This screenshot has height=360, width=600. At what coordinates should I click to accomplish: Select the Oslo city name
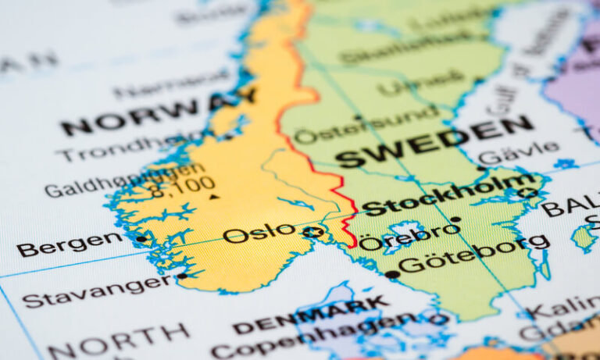click(x=259, y=233)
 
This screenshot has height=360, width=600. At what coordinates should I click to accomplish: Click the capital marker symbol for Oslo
click(x=313, y=232)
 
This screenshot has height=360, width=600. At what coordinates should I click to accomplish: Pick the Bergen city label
click(x=70, y=244)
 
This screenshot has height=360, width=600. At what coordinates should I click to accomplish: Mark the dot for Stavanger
click(x=181, y=276)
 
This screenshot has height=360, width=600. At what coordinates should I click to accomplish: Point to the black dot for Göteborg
click(x=391, y=274)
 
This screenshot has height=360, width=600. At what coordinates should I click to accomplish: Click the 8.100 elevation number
click(x=183, y=186)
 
